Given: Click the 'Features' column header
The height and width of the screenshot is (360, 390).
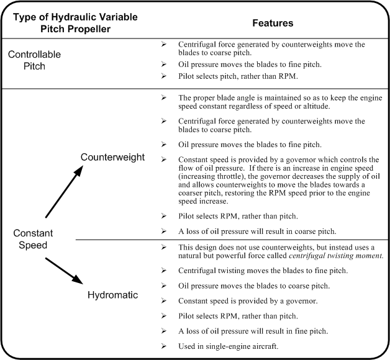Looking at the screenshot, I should coord(273,22).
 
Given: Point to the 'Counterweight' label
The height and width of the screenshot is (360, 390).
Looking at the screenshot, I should coord(112,157).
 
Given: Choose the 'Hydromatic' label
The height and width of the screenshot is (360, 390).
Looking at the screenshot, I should coord(112,294).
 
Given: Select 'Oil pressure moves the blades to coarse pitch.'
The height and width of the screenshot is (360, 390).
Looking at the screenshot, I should coord(254,286).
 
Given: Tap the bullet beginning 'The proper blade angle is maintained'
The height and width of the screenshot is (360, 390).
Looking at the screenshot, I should coord(279,102).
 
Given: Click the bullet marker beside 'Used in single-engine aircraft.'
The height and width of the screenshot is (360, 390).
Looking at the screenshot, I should coord(163,344).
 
